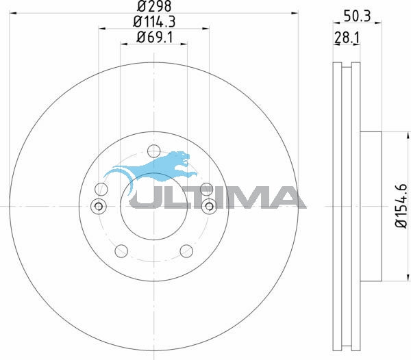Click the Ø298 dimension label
pos(154,6)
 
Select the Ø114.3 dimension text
pos(154,22)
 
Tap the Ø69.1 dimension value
pos(154,38)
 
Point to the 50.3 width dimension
pos(358,16)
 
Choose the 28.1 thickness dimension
pos(347,38)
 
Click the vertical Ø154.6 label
pos(401,206)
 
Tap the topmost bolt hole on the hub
pos(154,151)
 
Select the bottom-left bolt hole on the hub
pos(121,250)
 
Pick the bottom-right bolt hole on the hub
pos(186,250)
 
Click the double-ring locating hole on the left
pos(99,206)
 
